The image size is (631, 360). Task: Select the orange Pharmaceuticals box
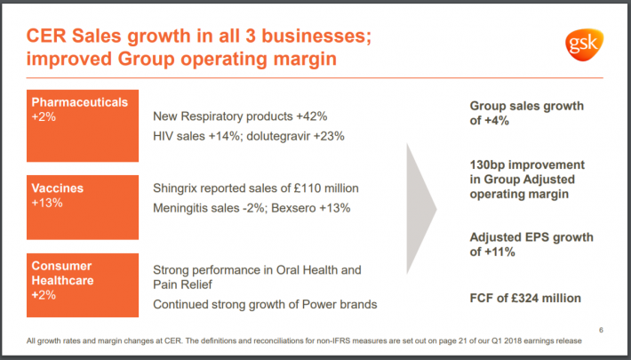[83, 125]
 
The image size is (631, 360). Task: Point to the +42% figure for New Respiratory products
[311, 116]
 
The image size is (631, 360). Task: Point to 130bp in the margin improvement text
[490, 165]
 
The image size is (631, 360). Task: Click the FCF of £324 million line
[525, 298]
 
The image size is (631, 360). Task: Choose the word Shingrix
[180, 188]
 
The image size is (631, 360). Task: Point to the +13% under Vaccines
[45, 203]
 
